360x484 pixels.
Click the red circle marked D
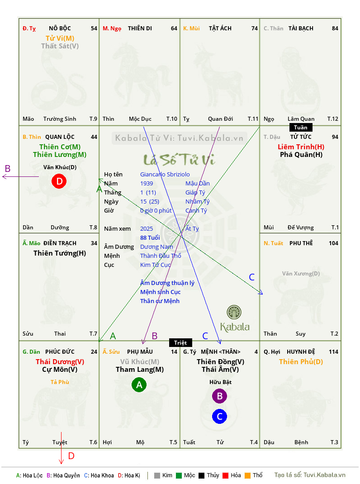tap(59, 181)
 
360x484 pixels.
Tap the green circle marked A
tap(139, 384)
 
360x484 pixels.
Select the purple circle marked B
tap(219, 396)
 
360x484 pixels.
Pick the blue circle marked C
tap(219, 417)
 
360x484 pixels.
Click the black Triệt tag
tap(180, 342)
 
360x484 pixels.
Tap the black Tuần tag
tap(301, 128)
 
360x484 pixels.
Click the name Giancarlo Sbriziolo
tap(165, 175)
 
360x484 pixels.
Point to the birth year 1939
tap(147, 183)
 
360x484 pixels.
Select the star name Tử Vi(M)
tap(60, 38)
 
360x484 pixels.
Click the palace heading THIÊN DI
tap(140, 28)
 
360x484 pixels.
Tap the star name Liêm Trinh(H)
tap(301, 147)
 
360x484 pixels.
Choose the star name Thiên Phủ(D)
tap(301, 362)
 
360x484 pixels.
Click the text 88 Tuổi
tap(150, 237)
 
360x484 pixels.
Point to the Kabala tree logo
tap(234, 313)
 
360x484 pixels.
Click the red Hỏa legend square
tap(225, 475)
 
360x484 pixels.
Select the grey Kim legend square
tap(157, 475)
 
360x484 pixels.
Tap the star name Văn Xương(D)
tap(301, 274)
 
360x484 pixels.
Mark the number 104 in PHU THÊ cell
tap(333, 243)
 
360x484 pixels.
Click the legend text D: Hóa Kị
tap(129, 475)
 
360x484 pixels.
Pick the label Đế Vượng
tap(300, 228)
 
